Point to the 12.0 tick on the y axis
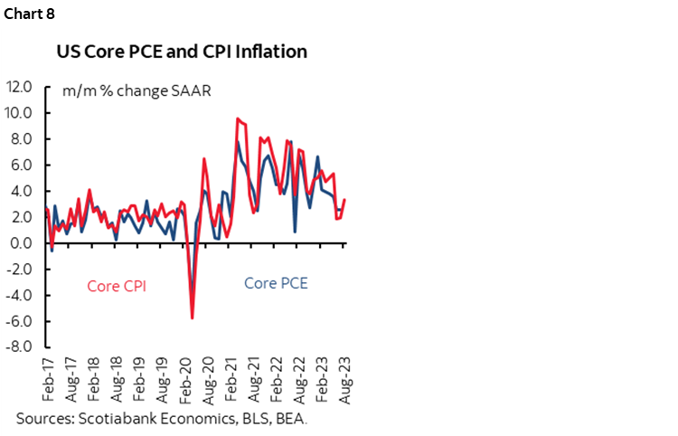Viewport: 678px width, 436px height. pos(20,88)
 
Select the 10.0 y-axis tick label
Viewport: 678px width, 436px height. pos(20,113)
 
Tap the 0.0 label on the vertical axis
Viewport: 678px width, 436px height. pos(23,243)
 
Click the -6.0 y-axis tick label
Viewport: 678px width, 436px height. pos(20,321)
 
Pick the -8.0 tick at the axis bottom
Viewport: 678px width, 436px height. pos(20,346)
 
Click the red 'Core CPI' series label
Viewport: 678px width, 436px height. pos(117,286)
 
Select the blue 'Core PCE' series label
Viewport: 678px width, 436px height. pos(276,283)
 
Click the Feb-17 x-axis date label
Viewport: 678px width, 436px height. pos(47,376)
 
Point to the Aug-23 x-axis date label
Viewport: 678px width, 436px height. pos(346,376)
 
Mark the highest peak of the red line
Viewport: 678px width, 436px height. pos(238,118)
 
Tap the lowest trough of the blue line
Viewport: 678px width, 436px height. pos(193,294)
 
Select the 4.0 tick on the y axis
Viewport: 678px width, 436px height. pos(23,192)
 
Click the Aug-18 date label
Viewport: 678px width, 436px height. pos(117,376)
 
